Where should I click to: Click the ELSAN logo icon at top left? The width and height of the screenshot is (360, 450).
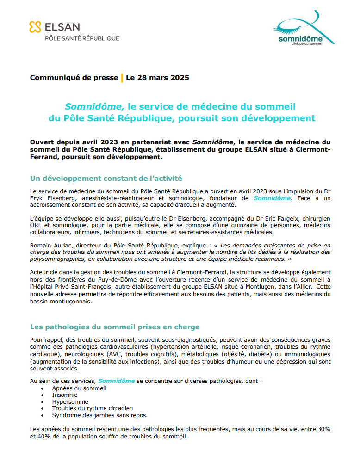(x=35, y=27)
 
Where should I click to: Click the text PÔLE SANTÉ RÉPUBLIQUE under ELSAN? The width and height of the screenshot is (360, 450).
(x=81, y=38)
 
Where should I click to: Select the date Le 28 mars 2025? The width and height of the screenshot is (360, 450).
(x=157, y=78)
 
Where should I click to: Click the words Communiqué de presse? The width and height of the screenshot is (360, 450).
(x=74, y=78)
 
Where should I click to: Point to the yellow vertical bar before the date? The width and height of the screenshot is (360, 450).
(x=122, y=78)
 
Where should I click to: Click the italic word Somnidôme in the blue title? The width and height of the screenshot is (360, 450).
(x=94, y=106)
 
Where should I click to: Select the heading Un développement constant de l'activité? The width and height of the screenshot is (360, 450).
(x=106, y=178)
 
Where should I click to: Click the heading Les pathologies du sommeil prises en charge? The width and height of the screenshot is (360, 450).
(x=115, y=327)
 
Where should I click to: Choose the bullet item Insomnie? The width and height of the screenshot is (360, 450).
(x=65, y=395)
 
